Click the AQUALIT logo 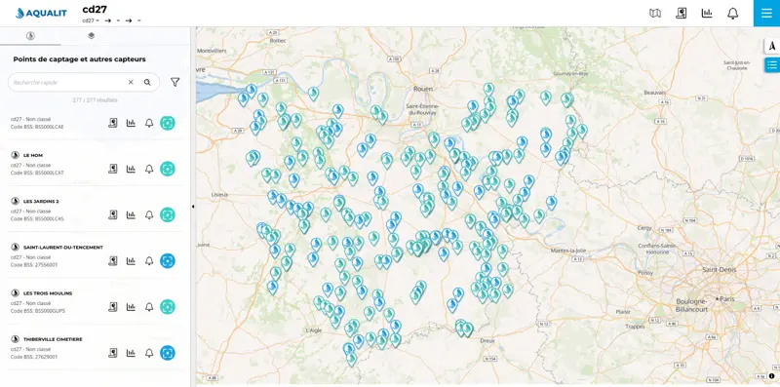(x=41, y=13)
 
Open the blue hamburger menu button (x=766, y=13)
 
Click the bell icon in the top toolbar (x=733, y=14)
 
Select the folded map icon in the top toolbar (x=655, y=14)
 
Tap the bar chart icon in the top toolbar (x=707, y=14)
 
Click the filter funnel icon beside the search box (x=175, y=83)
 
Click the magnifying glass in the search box (x=147, y=83)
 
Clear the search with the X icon (x=131, y=83)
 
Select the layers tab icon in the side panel (x=91, y=35)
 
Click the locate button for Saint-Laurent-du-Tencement (x=168, y=260)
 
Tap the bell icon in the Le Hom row (x=149, y=169)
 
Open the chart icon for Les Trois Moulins (x=131, y=306)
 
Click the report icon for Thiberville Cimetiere (x=113, y=352)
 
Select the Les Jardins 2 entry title (x=41, y=201)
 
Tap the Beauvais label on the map (x=655, y=93)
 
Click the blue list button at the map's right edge (x=771, y=65)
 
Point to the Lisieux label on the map (x=219, y=195)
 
